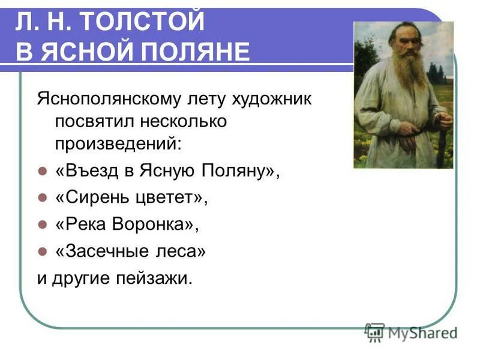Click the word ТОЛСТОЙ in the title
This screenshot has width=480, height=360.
[x=143, y=21]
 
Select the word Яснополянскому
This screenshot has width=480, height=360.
[x=109, y=100]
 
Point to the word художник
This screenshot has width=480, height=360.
[x=271, y=100]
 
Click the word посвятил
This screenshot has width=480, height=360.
[x=95, y=122]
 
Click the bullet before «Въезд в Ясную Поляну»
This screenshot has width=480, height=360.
[x=42, y=171]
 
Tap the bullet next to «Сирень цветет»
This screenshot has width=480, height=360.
[x=42, y=197]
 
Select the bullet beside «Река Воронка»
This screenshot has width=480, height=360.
[x=42, y=224]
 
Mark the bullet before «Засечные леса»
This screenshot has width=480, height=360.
[x=42, y=251]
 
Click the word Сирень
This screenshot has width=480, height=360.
[x=97, y=197]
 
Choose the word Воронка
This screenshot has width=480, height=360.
[x=152, y=224]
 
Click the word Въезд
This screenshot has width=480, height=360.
[x=92, y=170]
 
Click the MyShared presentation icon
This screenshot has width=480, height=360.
[x=374, y=332]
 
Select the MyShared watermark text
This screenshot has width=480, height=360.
[x=423, y=333]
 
